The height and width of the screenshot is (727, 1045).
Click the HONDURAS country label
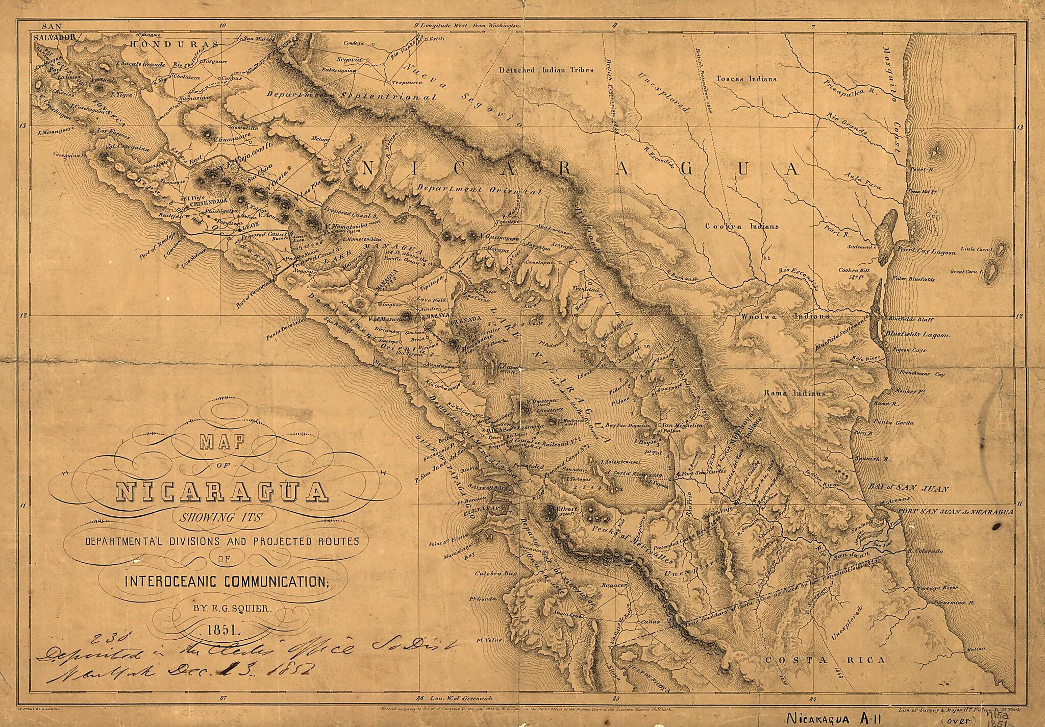click(173, 44)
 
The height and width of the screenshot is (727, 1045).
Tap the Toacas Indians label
click(747, 79)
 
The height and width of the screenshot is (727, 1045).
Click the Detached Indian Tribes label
click(546, 70)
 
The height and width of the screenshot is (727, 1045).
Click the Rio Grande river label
click(847, 124)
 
